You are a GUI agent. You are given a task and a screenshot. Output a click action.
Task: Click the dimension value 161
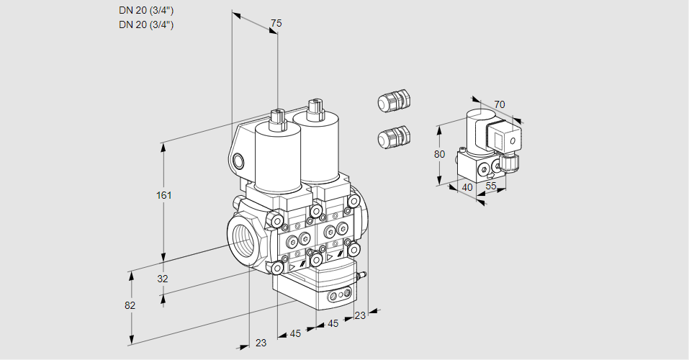(166, 195)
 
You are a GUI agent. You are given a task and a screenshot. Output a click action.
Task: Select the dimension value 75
(276, 24)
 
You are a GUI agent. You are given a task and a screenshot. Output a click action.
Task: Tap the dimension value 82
(130, 305)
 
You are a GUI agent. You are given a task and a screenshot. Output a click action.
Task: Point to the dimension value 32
(162, 279)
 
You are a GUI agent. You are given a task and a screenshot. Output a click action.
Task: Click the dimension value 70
(500, 104)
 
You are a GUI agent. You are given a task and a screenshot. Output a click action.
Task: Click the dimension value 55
(492, 186)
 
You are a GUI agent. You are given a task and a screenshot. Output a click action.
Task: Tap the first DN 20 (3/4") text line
(146, 10)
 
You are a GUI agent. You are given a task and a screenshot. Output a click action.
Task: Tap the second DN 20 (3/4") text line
(146, 24)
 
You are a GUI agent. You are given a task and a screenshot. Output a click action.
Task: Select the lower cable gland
(394, 136)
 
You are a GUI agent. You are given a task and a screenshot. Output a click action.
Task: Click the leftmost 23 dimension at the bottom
(261, 343)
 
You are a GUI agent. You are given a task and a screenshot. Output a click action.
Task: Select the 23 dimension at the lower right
(360, 315)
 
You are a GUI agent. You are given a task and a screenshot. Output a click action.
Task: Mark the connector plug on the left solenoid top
(277, 118)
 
